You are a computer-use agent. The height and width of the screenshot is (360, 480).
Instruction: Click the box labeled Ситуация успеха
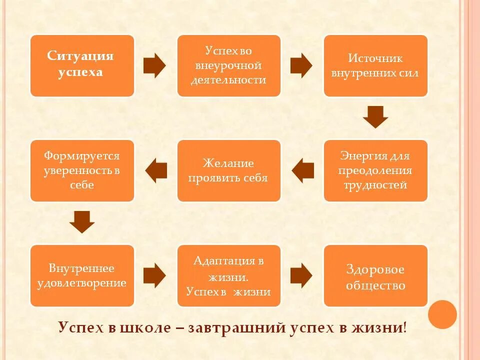(82, 65)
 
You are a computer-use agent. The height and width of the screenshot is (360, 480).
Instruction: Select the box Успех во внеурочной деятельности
(228, 65)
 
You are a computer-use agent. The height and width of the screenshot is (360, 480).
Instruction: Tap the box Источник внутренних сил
(375, 65)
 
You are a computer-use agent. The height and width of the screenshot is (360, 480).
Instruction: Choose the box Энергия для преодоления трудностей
(375, 170)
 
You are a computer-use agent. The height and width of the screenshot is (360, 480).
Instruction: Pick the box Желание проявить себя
(228, 170)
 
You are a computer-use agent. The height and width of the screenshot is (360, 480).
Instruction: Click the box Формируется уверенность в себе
(82, 170)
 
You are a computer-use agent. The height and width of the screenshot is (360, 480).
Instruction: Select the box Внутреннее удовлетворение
(82, 275)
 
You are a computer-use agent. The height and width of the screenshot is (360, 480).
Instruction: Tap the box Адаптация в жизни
(228, 275)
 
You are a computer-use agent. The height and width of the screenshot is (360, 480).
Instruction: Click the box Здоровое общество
(375, 275)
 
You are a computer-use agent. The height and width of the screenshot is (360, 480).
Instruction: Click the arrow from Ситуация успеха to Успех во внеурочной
(154, 65)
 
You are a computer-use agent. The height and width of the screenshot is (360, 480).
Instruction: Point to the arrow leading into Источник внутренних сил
(301, 65)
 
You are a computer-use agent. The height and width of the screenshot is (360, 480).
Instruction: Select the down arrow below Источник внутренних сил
(375, 117)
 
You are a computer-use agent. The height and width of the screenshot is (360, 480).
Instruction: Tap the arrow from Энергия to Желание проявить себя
(302, 170)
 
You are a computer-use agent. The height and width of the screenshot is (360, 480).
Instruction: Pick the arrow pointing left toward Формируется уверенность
(155, 170)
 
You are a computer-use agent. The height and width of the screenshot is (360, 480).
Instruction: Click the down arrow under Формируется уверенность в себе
(82, 222)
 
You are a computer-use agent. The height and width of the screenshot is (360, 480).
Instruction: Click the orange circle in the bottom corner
(442, 314)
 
